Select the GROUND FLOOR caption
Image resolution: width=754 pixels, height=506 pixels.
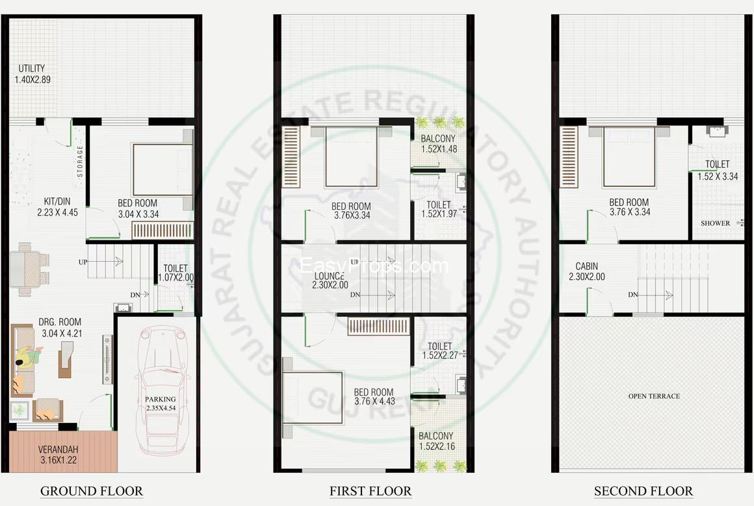point(92,491)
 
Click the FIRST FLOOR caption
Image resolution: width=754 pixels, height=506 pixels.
point(370,491)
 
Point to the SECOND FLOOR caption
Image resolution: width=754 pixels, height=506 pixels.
point(643,491)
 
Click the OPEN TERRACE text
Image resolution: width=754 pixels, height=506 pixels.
point(654,396)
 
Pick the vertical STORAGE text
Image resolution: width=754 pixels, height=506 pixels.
point(81,160)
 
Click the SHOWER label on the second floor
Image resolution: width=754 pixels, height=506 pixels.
point(715,223)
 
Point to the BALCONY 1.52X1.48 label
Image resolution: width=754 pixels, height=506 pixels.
point(438,144)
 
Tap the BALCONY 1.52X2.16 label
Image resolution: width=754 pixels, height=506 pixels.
point(436,441)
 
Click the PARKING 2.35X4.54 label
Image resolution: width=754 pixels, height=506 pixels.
point(161,404)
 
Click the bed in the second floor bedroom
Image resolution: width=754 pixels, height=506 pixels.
point(628,157)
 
